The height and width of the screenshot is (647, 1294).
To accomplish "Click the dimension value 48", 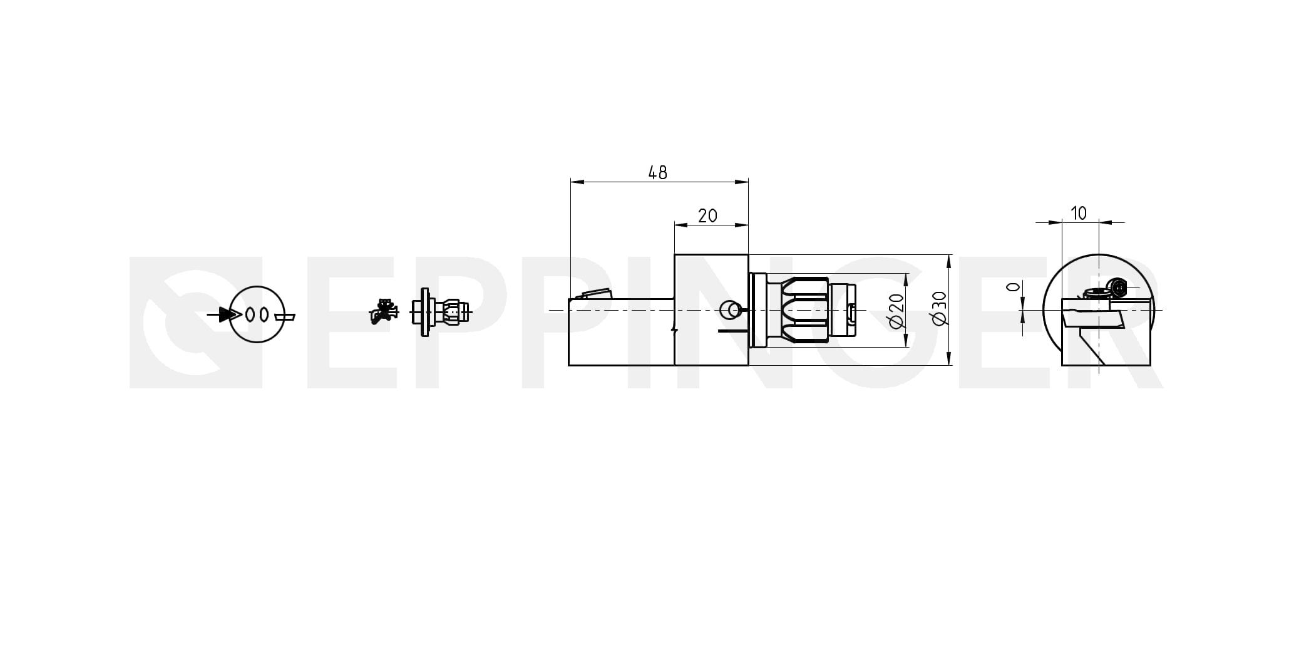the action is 658,172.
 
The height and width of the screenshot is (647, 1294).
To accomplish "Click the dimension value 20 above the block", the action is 707,216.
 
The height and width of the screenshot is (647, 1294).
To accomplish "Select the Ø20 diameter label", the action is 896,310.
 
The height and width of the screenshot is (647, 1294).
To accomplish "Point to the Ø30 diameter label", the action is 940,309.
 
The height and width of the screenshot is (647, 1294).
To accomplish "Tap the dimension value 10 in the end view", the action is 1079,214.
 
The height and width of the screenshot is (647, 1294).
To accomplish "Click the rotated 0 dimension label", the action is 1013,287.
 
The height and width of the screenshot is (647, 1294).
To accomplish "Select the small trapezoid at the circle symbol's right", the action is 285,316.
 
